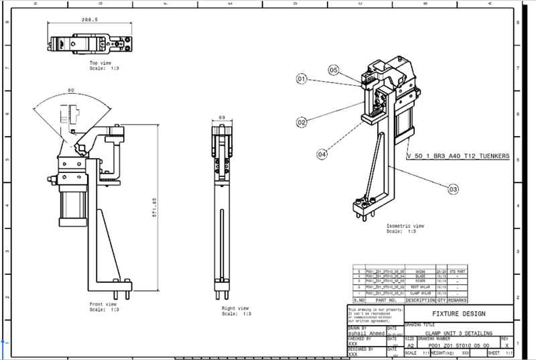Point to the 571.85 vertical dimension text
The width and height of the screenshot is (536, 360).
pos(155,207)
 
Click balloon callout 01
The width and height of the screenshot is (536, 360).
pos(301,79)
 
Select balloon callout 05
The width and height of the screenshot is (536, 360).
pos(334,69)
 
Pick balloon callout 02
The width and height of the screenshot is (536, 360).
pos(301,122)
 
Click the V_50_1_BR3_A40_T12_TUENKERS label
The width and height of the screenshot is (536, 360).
pos(458,156)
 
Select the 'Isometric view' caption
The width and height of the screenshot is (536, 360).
pos(406,226)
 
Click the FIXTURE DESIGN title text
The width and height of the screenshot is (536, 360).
pos(459,314)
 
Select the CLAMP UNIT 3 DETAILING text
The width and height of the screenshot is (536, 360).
pos(460,333)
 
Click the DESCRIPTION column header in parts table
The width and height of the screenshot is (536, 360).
pos(419,300)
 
